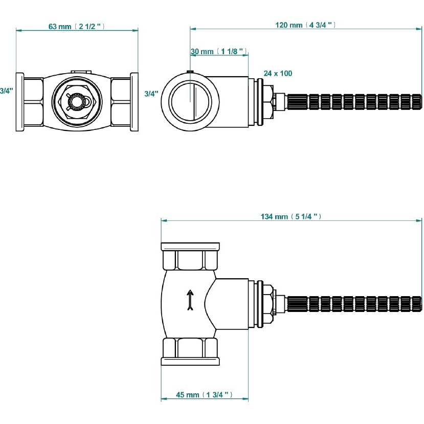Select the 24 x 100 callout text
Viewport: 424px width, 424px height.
pyautogui.click(x=278, y=74)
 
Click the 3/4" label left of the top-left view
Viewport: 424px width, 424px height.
pyautogui.click(x=6, y=91)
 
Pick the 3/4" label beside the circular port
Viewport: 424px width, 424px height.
pyautogui.click(x=151, y=94)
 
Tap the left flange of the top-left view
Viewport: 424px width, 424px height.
pyautogui.click(x=19, y=102)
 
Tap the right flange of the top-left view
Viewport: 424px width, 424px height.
pyautogui.click(x=135, y=102)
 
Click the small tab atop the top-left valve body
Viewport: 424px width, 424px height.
pyautogui.click(x=80, y=73)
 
